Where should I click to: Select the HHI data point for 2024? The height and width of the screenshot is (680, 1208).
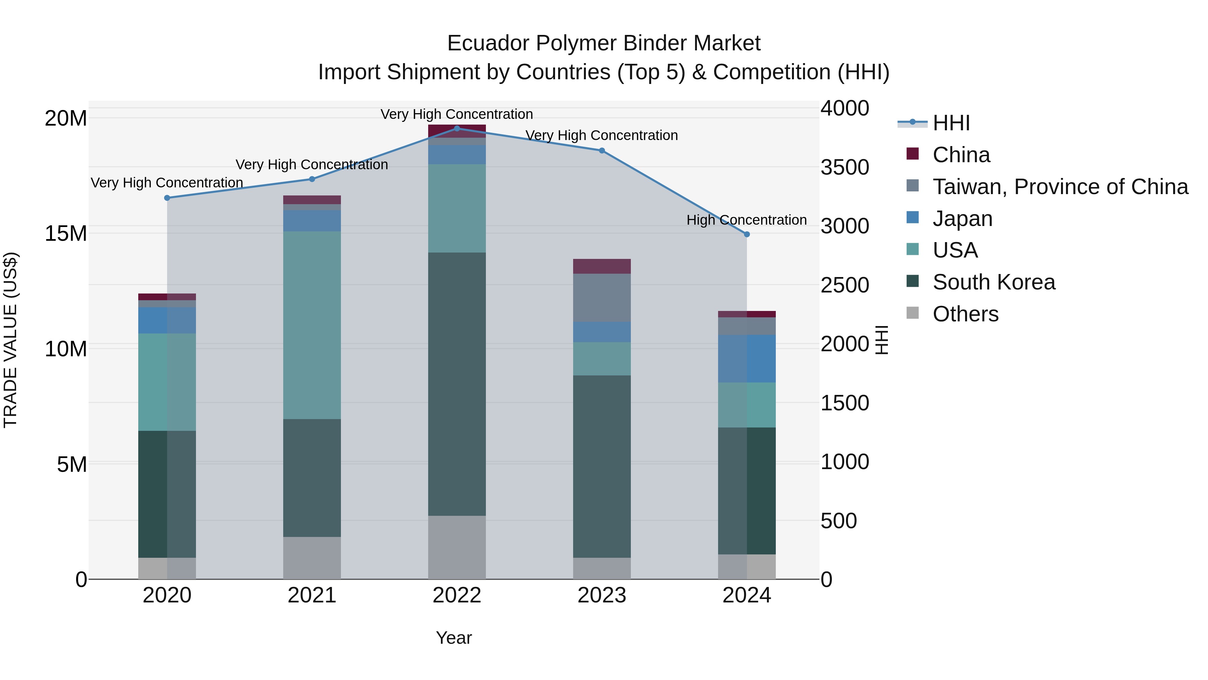(747, 234)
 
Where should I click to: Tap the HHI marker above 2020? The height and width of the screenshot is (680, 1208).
(167, 198)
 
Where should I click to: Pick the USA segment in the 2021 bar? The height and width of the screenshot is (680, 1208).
(312, 325)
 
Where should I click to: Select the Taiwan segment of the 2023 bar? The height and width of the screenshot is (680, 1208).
(602, 298)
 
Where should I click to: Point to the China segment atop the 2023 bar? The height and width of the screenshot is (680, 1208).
(602, 266)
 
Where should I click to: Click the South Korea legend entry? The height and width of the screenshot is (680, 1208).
(993, 282)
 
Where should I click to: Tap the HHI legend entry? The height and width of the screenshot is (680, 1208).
(951, 123)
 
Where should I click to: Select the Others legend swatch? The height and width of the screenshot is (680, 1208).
(913, 313)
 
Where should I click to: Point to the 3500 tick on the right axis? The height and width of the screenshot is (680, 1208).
(845, 167)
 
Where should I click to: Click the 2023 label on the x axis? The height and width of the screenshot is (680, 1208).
(602, 595)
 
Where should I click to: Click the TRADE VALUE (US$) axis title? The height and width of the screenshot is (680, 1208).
(10, 340)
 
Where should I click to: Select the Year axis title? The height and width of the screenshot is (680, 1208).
(453, 638)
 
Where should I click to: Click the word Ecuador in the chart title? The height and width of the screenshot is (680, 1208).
(488, 43)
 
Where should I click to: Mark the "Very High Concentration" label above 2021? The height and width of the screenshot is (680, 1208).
(311, 165)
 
